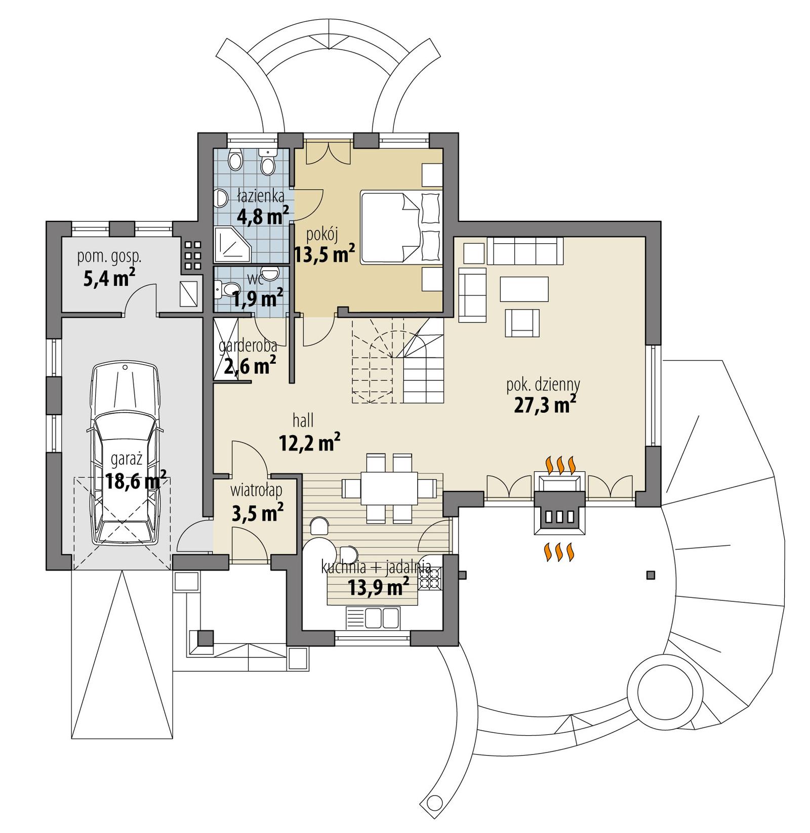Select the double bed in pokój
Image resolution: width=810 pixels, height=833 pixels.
coord(400,227)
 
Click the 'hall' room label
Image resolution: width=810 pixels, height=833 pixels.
coord(303,420)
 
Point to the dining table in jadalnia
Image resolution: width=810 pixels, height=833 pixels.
coord(389,489)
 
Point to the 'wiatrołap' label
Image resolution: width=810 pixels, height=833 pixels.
coord(256,490)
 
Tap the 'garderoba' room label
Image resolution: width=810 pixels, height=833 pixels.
coord(248,346)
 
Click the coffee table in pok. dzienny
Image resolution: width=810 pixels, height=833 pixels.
coord(524,289)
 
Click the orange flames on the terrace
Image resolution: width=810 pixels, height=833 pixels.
coord(559,552)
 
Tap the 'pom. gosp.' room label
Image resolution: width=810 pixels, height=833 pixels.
coord(109,256)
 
